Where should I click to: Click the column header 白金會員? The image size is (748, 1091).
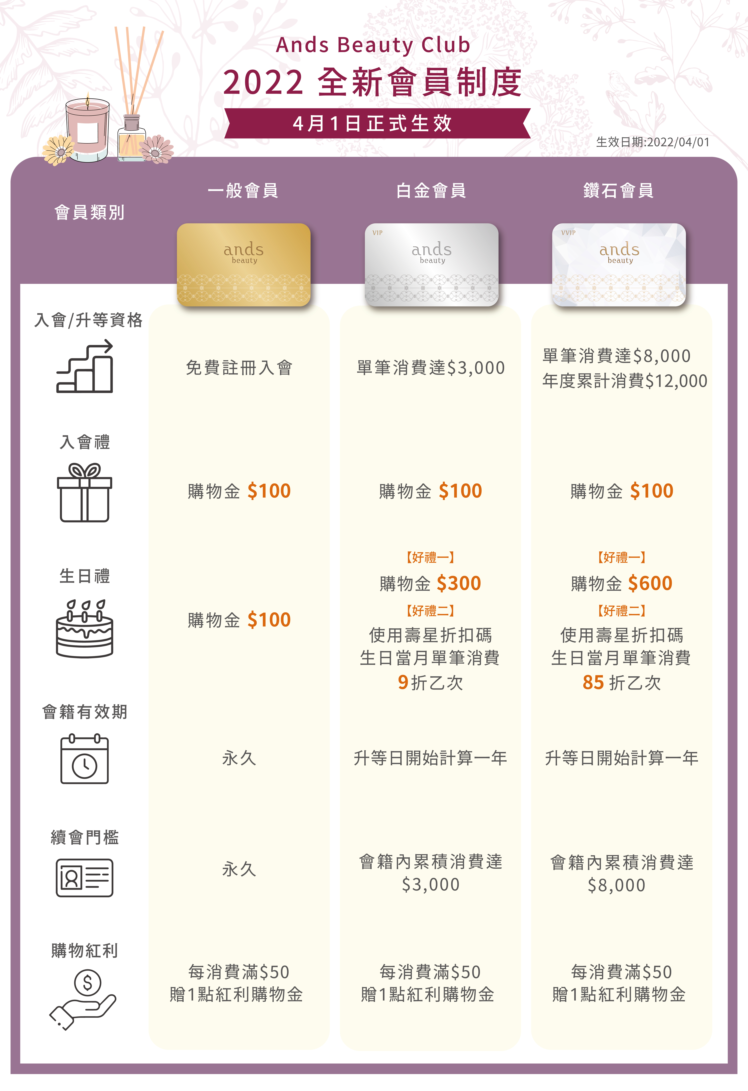(x=431, y=191)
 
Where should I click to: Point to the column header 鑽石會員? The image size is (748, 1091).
(x=618, y=191)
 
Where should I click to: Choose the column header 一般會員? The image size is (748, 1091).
(x=243, y=191)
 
